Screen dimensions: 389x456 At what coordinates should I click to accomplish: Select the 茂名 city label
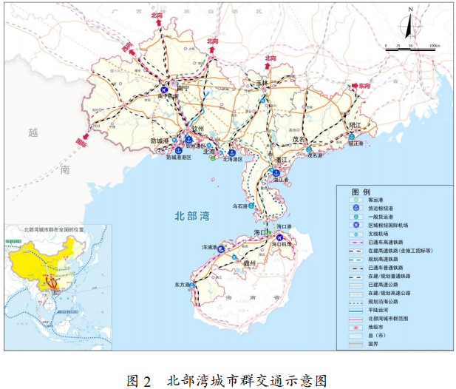299,138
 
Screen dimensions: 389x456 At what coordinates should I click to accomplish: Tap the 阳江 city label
353,126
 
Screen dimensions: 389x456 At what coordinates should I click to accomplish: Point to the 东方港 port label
183,284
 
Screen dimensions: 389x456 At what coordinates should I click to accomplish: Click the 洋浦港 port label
210,247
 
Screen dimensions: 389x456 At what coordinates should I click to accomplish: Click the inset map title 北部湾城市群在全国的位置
54,229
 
